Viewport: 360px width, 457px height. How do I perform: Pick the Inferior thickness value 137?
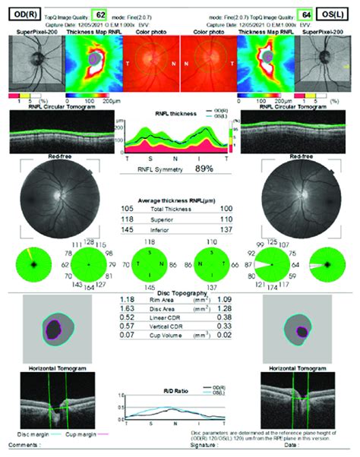click(x=229, y=228)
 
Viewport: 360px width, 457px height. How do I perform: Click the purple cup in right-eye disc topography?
click(x=53, y=329)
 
